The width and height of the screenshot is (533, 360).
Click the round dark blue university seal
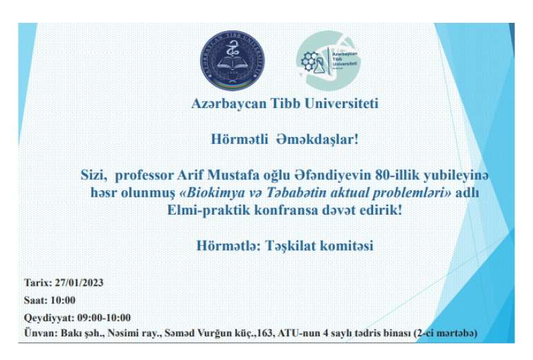[x=233, y=60]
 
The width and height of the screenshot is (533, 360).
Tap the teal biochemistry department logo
[x=327, y=60]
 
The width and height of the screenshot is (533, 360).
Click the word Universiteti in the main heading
[x=341, y=103]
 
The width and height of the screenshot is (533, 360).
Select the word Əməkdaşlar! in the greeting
[x=317, y=139]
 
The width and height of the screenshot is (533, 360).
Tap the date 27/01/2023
[x=79, y=283]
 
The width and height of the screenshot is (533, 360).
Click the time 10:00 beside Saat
[x=62, y=300]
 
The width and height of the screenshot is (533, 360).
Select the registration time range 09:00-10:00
[x=104, y=318]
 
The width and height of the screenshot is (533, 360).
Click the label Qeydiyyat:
[x=49, y=318]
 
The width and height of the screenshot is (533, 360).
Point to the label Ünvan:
[x=41, y=333]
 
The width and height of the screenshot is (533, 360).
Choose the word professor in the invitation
[x=145, y=175]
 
